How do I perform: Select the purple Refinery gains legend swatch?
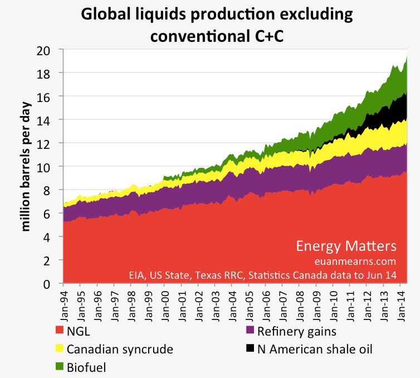251,331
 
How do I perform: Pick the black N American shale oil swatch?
251,350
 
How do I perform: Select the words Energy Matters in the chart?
346,246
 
